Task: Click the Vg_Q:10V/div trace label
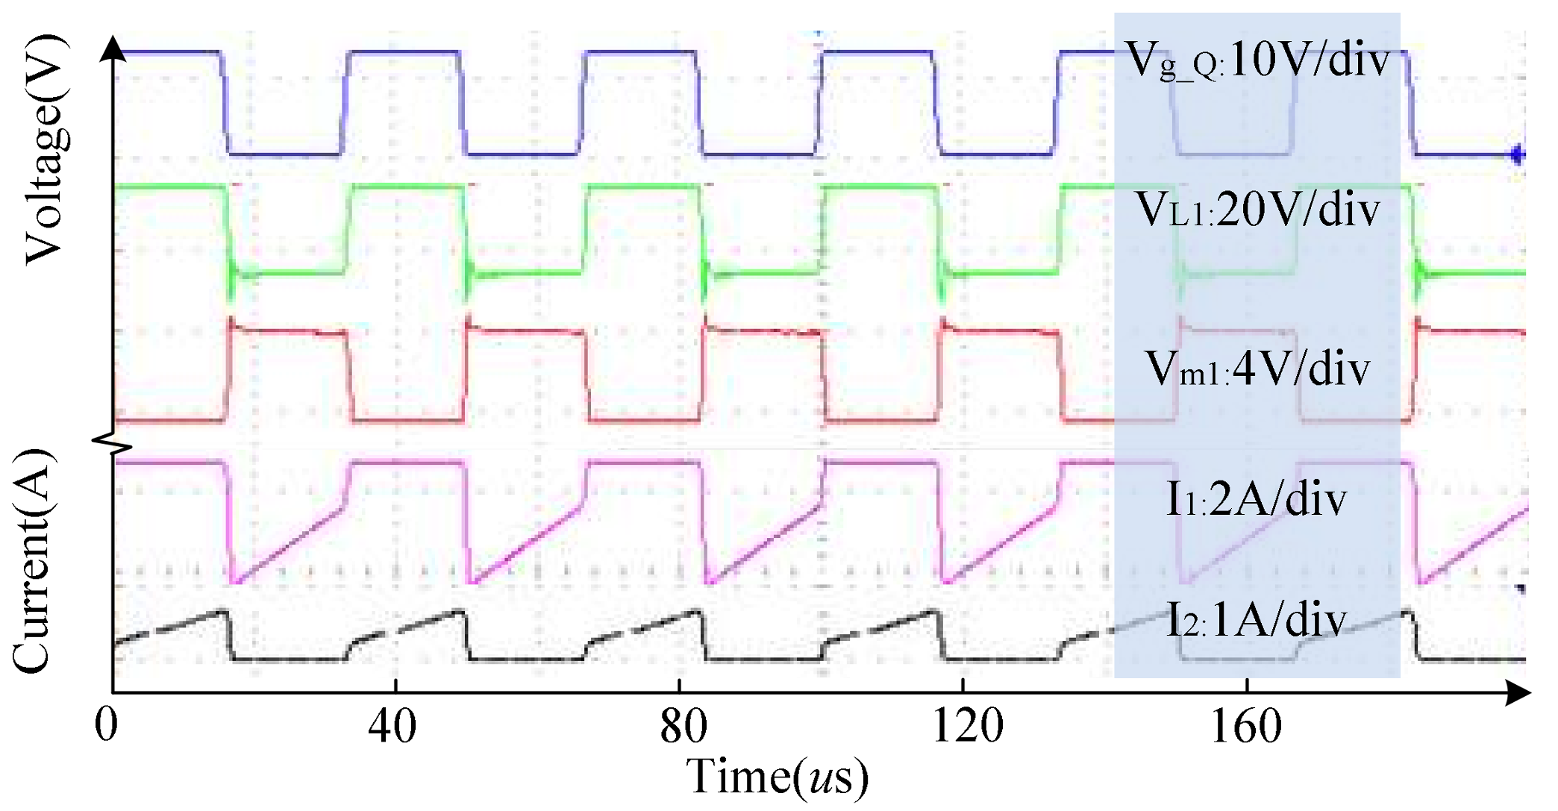pyautogui.click(x=1257, y=60)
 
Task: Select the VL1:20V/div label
pyautogui.click(x=1257, y=210)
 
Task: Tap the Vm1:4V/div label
pyautogui.click(x=1257, y=369)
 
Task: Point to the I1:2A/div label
pyautogui.click(x=1257, y=499)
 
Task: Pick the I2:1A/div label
pyautogui.click(x=1257, y=620)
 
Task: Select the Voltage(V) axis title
pyautogui.click(x=46, y=149)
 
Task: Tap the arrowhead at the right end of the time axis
pyautogui.click(x=1518, y=692)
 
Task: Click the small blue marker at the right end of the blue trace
pyautogui.click(x=1517, y=155)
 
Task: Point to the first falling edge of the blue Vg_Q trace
pyautogui.click(x=225, y=104)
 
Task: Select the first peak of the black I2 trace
pyautogui.click(x=222, y=612)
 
